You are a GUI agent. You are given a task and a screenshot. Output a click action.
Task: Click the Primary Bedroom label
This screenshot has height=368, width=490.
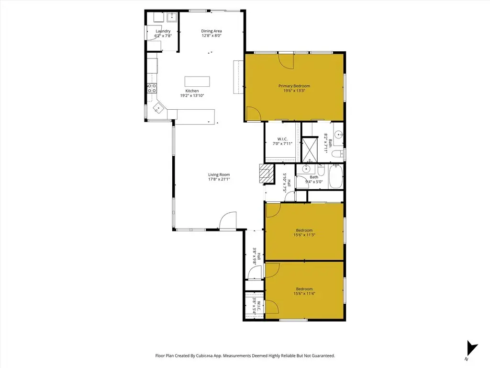click(294, 86)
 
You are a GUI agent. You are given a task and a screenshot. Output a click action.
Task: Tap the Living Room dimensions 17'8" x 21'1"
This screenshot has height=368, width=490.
click(219, 179)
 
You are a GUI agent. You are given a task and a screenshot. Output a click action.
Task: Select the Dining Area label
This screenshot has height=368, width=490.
click(212, 31)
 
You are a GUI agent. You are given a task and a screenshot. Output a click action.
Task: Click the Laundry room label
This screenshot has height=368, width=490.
click(163, 31)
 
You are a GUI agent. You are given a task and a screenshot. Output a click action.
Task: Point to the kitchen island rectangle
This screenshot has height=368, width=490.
click(197, 81)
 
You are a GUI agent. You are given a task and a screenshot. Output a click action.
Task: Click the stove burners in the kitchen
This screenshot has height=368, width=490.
click(152, 88)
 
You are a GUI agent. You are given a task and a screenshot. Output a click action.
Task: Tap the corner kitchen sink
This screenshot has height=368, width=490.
click(158, 108)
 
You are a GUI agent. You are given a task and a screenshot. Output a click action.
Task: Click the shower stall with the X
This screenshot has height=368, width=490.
click(310, 149)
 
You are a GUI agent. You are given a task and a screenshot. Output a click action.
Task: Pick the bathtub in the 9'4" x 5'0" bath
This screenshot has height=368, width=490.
click(335, 176)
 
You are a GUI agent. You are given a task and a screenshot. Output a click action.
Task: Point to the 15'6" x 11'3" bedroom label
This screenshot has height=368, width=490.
click(304, 232)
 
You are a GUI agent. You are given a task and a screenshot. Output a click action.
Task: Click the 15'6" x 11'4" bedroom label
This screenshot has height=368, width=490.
click(304, 291)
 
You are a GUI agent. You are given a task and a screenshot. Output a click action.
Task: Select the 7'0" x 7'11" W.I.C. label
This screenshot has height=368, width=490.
click(282, 141)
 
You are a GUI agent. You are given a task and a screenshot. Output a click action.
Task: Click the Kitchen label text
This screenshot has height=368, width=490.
click(192, 91)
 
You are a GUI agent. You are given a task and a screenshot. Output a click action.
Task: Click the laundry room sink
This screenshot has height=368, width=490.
click(172, 17)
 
